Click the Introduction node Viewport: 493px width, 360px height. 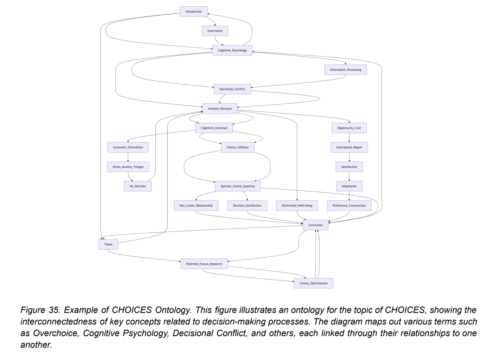(x=194, y=12)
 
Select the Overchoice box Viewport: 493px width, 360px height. (x=215, y=31)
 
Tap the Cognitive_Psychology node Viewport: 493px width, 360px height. (x=232, y=50)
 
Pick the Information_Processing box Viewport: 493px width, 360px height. (x=345, y=70)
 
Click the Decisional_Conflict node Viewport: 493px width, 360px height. (x=232, y=89)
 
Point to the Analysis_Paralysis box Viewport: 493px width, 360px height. (x=220, y=109)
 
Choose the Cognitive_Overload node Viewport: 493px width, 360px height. (x=214, y=128)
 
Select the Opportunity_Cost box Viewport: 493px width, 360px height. (x=349, y=128)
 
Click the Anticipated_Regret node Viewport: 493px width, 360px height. (x=349, y=147)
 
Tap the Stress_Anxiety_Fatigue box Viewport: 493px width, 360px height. (x=128, y=167)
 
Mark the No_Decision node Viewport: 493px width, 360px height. (x=137, y=186)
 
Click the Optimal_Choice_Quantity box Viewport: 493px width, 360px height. (x=238, y=186)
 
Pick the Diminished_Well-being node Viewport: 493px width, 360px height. (x=297, y=206)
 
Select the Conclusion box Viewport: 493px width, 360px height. (x=315, y=225)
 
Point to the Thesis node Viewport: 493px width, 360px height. (x=108, y=244)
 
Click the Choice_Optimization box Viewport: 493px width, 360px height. (x=313, y=283)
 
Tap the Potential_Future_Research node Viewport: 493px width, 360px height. (x=204, y=264)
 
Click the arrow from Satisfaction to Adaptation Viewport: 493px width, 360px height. (x=349, y=176)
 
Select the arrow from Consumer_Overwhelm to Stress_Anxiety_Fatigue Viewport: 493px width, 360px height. (x=128, y=157)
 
